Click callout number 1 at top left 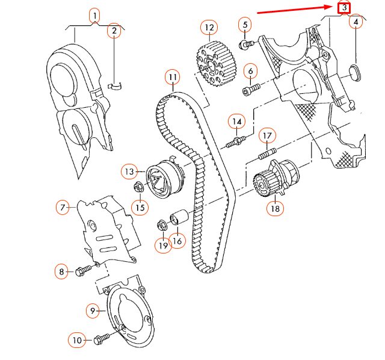(x=94, y=14)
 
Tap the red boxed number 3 (x=343, y=8)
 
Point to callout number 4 (x=356, y=22)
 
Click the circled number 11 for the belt (x=173, y=77)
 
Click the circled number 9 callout (x=93, y=311)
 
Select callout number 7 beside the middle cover (x=63, y=208)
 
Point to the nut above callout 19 (x=162, y=226)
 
